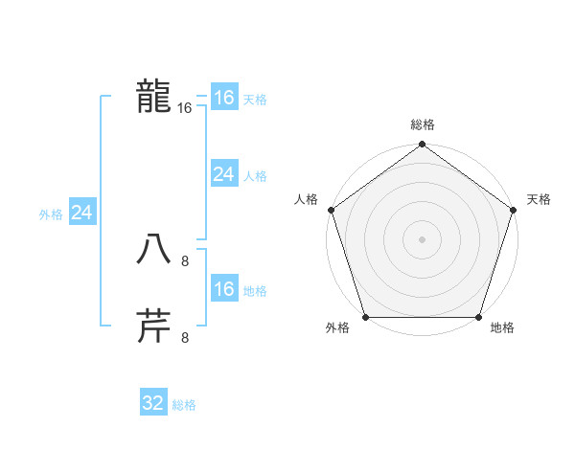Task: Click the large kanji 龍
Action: pos(153,97)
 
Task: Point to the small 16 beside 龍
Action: pos(185,109)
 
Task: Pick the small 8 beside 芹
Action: pos(185,337)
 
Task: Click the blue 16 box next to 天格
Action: pos(223,98)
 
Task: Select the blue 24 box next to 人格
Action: pos(223,174)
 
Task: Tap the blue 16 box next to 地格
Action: pos(223,289)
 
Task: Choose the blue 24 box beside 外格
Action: pos(82,213)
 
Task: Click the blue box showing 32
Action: pos(153,403)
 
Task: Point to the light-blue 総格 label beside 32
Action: pos(184,405)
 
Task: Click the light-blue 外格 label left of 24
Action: pos(51,214)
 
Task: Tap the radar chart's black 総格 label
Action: pos(422,124)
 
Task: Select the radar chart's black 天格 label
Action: pos(539,199)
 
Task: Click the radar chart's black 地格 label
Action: pos(502,328)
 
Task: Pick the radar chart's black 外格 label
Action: pos(337,328)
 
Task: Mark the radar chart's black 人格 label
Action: pos(306,199)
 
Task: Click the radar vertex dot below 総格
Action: pos(422,146)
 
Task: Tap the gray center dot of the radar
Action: pos(422,238)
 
